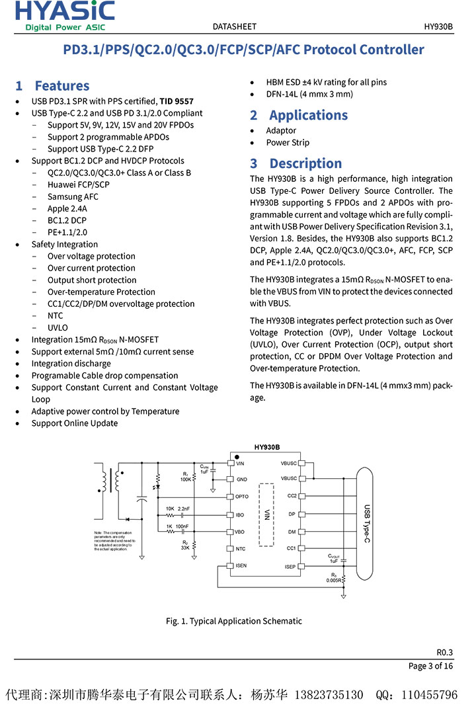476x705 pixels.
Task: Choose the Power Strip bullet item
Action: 288,143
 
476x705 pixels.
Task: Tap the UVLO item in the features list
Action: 58,327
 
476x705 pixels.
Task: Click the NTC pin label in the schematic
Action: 241,549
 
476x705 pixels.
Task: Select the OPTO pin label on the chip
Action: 242,497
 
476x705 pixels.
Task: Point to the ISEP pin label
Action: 290,566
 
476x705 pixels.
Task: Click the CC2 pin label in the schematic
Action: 292,495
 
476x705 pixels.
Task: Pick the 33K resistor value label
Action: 185,548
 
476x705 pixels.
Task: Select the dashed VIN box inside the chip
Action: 266,515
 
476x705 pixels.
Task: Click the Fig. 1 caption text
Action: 234,621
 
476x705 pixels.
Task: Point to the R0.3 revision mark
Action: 444,652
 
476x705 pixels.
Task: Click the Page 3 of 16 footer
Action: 430,666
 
